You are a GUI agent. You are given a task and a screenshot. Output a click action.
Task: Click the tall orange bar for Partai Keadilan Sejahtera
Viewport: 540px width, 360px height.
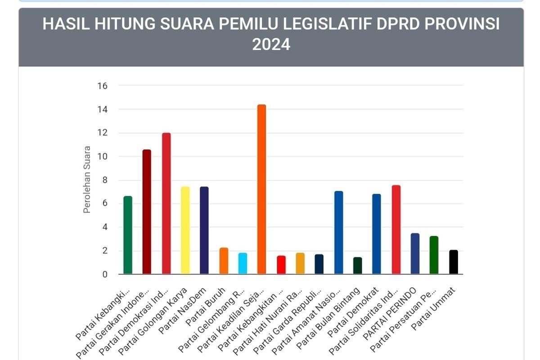tap(261, 189)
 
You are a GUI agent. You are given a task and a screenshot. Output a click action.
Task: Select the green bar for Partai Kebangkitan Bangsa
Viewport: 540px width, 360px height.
tap(128, 235)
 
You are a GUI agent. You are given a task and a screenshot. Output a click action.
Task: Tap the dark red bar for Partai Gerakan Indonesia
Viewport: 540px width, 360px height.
tap(147, 211)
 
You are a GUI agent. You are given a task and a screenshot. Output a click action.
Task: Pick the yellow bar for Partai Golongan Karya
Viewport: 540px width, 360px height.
tap(185, 230)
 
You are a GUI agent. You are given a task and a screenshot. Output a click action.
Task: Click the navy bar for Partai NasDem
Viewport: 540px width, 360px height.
tap(204, 230)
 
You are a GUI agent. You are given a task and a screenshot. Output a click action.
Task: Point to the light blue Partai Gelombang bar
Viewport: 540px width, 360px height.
tap(243, 263)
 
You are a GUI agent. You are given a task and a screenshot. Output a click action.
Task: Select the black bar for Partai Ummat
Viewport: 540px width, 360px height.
tap(454, 262)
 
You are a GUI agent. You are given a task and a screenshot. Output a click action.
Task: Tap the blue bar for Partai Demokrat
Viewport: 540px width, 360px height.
tap(377, 234)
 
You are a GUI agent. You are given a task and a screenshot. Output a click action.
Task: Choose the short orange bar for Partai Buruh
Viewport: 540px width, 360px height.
tap(224, 261)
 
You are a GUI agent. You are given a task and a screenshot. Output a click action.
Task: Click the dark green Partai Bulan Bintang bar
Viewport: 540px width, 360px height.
tap(357, 265)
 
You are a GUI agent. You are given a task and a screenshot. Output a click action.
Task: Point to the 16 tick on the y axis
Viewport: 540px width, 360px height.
tap(102, 85)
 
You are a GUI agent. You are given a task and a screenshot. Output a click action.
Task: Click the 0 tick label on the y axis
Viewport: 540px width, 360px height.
tap(104, 274)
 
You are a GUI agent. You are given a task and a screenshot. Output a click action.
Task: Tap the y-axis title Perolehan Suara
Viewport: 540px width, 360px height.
tap(87, 180)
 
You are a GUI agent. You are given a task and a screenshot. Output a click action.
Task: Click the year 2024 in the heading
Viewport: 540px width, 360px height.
tap(271, 45)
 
